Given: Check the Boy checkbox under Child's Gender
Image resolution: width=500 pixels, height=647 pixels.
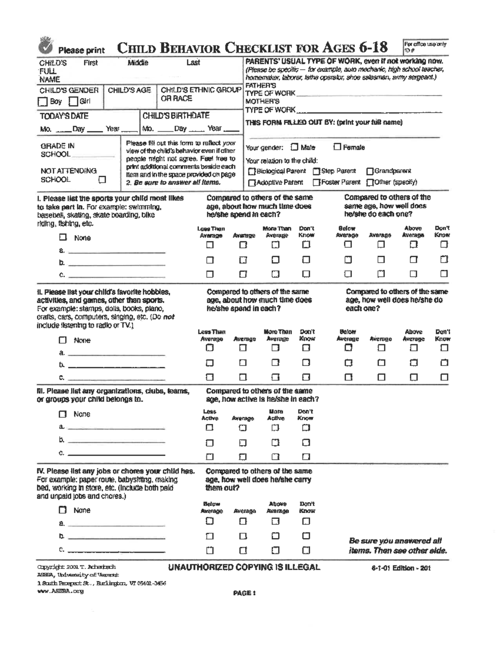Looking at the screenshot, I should pos(42,101).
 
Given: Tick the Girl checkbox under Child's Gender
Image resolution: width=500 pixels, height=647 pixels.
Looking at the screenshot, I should pos(73,101).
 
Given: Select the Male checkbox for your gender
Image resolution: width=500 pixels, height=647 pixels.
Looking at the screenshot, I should pos(295,147).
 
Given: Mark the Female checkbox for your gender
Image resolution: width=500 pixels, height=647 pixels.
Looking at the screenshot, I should pos(337,147).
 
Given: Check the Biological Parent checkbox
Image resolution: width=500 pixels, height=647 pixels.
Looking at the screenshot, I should pos(252,171).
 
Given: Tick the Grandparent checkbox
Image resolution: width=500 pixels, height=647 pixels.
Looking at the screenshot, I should pos(370,171).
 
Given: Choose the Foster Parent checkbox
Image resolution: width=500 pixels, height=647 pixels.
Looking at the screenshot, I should pos(317,182).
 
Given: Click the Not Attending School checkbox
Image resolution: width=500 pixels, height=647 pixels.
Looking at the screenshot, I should pos(102,180).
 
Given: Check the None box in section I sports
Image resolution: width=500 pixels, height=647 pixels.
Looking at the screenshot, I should pos(63,237).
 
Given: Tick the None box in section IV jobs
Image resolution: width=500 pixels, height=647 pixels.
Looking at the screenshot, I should pos(62,510).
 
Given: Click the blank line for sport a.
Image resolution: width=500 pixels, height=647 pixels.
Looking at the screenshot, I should pos(117,252).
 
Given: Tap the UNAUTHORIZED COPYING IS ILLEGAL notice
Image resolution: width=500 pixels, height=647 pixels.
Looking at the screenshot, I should pos(244,567).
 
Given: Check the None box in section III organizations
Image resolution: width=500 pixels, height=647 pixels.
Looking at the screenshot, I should pos(62,414).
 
